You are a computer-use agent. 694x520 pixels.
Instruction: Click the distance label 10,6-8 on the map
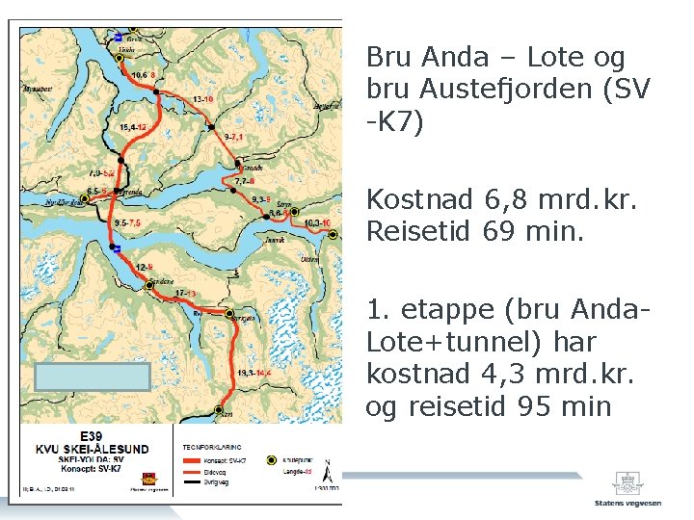[x=142, y=74]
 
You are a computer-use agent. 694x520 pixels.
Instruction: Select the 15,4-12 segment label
[x=132, y=127]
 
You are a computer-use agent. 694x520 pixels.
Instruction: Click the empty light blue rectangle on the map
[x=93, y=377]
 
